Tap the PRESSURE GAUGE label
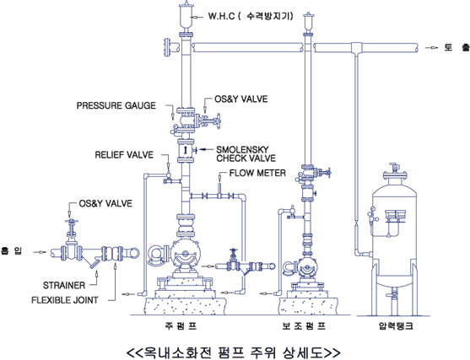pyautogui.click(x=116, y=105)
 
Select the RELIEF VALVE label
pyautogui.click(x=124, y=155)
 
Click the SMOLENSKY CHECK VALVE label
pyautogui.click(x=246, y=153)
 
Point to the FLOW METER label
pyautogui.click(x=257, y=173)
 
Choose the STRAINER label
pyautogui.click(x=64, y=285)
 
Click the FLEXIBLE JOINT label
pyautogui.click(x=65, y=300)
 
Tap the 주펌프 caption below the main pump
pyautogui.click(x=181, y=325)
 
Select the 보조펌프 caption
pyautogui.click(x=304, y=325)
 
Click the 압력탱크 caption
pyautogui.click(x=396, y=325)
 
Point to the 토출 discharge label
pyautogui.click(x=456, y=47)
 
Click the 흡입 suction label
pyautogui.click(x=11, y=250)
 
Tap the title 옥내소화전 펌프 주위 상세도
pyautogui.click(x=233, y=352)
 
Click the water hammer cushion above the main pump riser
pyautogui.click(x=186, y=17)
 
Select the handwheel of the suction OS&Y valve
pyautogui.click(x=72, y=222)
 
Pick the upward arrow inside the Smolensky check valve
pyautogui.click(x=186, y=150)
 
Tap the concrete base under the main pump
pyautogui.click(x=185, y=306)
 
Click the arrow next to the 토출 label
pyautogui.click(x=432, y=48)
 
